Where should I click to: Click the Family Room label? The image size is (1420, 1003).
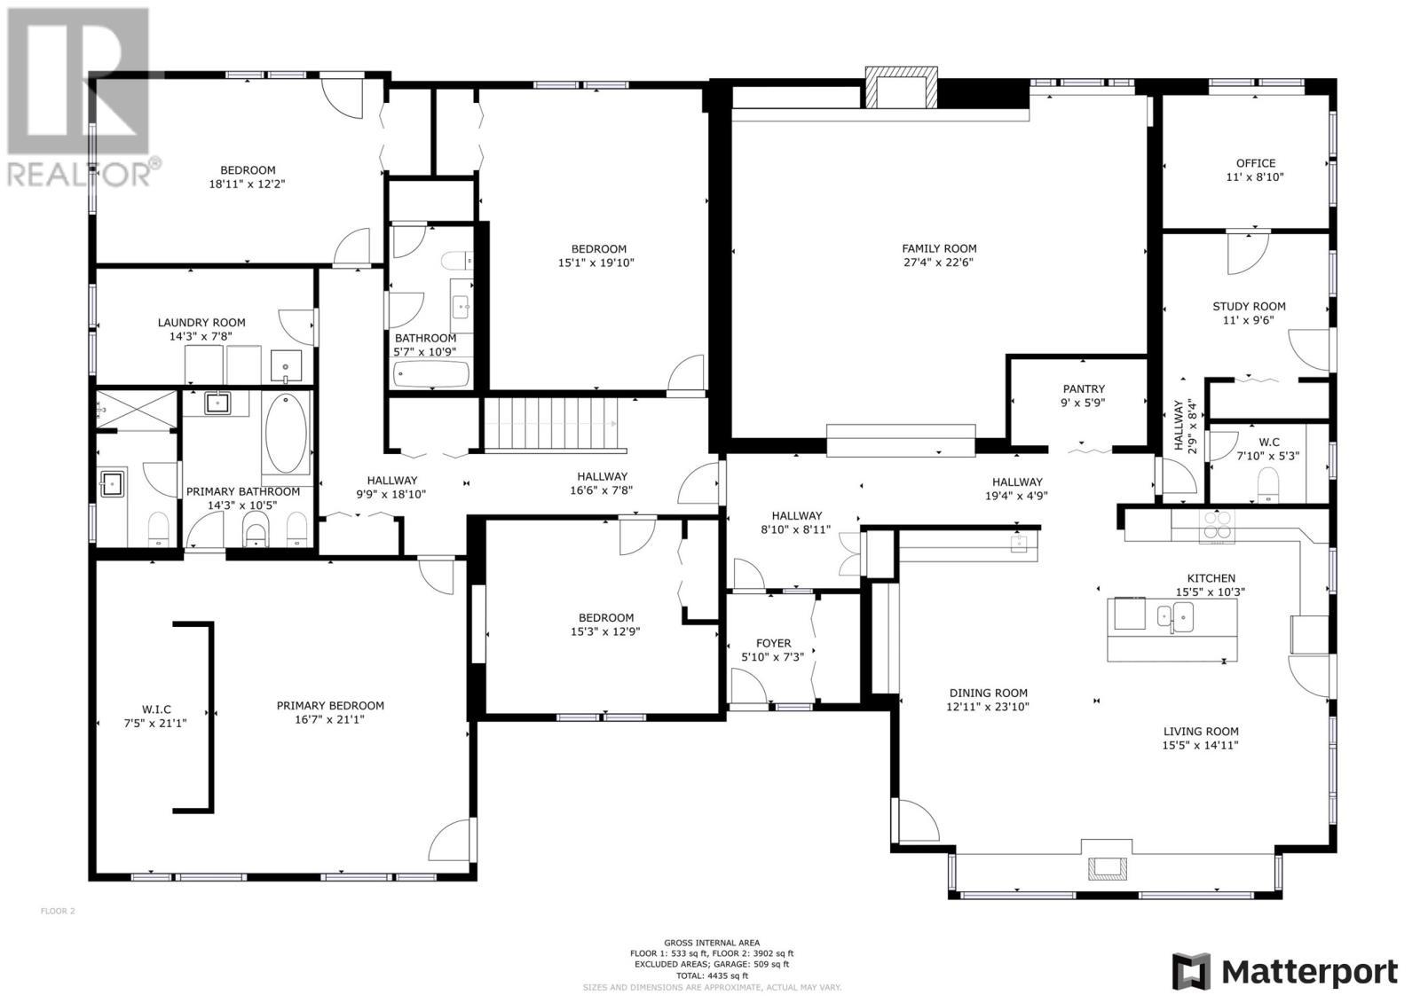939,249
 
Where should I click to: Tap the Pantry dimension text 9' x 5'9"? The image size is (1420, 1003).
1084,403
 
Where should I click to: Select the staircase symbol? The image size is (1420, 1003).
551,424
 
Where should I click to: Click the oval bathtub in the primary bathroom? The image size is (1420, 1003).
286,434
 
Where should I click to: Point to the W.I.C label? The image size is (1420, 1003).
155,709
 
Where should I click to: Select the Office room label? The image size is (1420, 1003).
1255,163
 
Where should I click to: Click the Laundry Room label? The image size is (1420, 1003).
201,323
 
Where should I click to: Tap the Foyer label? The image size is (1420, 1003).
773,644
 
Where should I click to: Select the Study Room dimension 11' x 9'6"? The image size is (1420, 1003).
1249,320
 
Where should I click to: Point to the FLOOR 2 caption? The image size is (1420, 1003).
59,911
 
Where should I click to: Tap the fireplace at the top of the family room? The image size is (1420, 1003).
901,87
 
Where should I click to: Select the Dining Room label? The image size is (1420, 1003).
988,693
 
